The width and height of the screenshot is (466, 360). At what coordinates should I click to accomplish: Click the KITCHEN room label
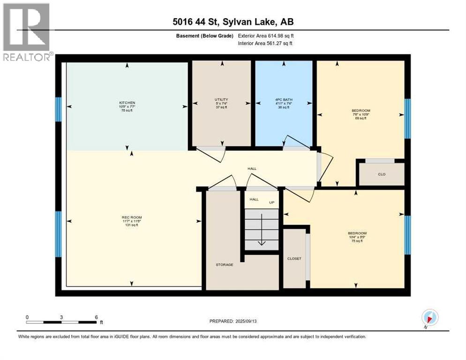click(x=127, y=103)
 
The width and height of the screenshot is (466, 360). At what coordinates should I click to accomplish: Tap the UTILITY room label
click(x=221, y=99)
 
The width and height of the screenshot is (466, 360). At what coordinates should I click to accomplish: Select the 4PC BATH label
click(x=283, y=99)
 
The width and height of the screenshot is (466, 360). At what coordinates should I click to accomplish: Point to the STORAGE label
click(x=224, y=265)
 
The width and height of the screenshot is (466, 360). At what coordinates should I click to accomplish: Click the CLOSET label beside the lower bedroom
click(x=294, y=258)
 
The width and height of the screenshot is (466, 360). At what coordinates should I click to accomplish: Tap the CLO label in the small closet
click(x=382, y=174)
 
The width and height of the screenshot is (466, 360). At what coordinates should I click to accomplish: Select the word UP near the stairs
click(x=271, y=202)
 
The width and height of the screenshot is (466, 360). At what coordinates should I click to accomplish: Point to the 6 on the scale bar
click(x=96, y=317)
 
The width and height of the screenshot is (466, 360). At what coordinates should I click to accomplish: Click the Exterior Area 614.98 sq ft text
click(x=266, y=36)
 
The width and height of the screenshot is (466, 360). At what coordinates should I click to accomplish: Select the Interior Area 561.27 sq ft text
click(x=266, y=43)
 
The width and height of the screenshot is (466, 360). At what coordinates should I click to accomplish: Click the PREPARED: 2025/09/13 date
click(x=233, y=321)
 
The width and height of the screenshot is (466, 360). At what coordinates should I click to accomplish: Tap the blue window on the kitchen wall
click(x=59, y=109)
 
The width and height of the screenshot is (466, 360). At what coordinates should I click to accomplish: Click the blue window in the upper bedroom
click(x=407, y=119)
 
